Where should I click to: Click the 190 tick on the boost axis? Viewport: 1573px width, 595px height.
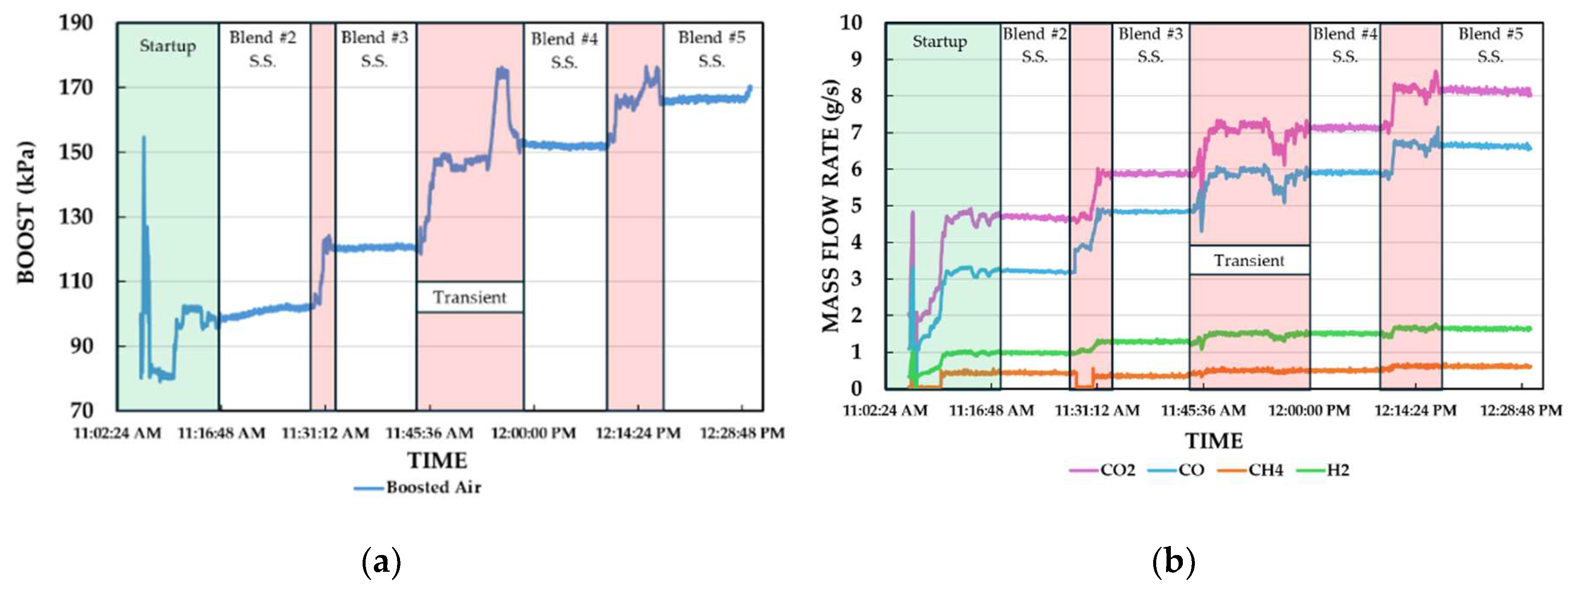76,23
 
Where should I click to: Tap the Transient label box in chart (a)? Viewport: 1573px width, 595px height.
470,297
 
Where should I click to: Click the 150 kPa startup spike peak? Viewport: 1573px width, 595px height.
144,138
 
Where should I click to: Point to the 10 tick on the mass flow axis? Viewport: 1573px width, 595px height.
851,23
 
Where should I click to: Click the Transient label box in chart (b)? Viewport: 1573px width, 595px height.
1249,261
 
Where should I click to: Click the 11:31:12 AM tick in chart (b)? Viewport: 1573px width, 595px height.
1097,411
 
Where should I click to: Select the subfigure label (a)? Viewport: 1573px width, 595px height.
382,561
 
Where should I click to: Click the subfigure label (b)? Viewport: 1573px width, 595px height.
1173,561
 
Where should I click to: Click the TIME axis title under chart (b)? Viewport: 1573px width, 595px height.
1214,441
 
